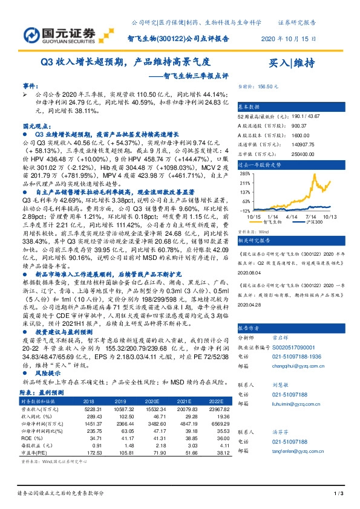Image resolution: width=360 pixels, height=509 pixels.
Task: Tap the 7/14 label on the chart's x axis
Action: pyautogui.click(x=312, y=216)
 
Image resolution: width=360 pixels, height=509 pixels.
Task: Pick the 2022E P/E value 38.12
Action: pyautogui.click(x=208, y=452)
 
